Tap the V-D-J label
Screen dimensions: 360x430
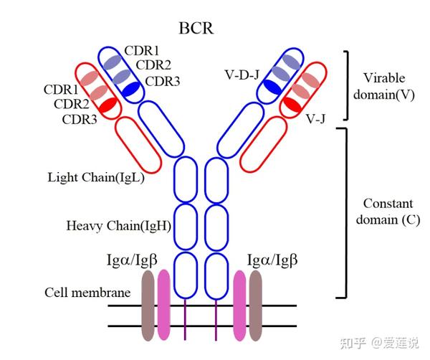click(243, 73)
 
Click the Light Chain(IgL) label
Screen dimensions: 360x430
click(96, 176)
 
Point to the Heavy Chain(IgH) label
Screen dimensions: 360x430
click(118, 225)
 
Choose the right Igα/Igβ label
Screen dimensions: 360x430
click(272, 258)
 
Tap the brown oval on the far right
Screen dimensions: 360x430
click(256, 304)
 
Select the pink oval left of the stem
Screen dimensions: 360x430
click(163, 304)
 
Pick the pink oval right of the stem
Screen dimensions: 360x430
click(239, 304)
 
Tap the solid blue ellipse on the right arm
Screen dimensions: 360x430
click(272, 86)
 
